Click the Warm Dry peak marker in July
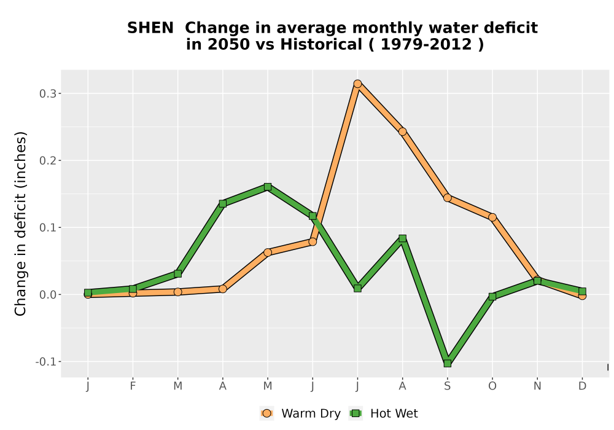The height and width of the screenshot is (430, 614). [357, 84]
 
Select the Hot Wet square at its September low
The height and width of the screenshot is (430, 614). [447, 364]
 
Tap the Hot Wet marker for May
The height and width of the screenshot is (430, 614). [268, 187]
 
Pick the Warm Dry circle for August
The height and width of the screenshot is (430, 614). [403, 131]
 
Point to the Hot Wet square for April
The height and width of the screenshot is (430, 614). [223, 204]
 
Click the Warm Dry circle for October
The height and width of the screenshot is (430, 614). [492, 217]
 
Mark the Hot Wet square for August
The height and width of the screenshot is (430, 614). [403, 238]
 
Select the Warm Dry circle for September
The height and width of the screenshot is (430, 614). [447, 198]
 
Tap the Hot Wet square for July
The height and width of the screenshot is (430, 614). [357, 288]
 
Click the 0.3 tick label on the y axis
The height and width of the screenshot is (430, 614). [48, 93]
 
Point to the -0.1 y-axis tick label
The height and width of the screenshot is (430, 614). [46, 362]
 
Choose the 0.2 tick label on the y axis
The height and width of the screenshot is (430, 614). [48, 160]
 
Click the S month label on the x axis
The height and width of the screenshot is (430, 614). [447, 386]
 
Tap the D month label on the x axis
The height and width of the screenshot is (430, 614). [582, 386]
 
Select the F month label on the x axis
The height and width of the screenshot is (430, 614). [133, 386]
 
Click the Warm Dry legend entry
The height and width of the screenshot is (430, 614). [300, 413]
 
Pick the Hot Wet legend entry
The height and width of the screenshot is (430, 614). [383, 413]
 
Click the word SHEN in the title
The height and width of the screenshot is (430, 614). [150, 28]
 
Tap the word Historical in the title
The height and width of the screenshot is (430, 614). [321, 45]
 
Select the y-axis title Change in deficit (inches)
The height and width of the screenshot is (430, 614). [20, 224]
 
